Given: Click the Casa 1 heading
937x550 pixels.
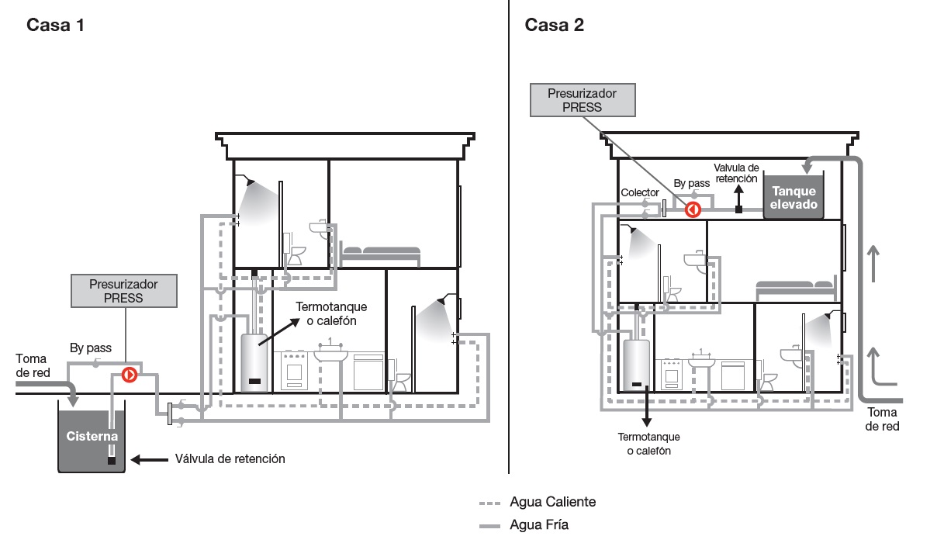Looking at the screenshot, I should point(55,25).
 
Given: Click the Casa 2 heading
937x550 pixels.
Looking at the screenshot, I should point(555,25).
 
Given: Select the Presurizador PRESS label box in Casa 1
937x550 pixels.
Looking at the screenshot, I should point(124,290).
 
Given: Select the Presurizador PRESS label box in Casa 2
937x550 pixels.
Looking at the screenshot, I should point(583,100).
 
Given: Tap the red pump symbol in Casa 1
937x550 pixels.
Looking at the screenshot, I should point(130,375).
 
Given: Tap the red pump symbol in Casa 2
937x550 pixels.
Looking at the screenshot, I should point(693,209).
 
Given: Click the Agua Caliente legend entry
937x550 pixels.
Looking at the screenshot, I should point(552,501).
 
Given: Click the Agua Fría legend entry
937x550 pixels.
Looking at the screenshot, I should point(539,525).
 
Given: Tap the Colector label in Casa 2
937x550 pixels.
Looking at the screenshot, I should point(640,192).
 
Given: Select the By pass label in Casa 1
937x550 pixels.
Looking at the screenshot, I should point(89,348).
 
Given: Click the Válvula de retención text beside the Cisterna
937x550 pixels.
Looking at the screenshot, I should point(230,459).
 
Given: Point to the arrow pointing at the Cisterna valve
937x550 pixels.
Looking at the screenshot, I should point(148,459).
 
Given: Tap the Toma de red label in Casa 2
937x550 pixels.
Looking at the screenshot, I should point(883,419).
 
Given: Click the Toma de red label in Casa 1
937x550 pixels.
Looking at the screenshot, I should point(32,365).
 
